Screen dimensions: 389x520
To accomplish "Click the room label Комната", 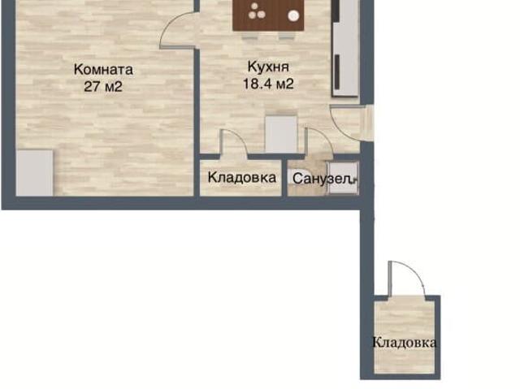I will (x=102, y=69).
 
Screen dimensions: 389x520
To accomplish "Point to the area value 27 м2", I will (x=102, y=86).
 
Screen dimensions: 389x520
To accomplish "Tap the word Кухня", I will (x=267, y=67).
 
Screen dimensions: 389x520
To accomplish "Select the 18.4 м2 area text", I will (x=267, y=82).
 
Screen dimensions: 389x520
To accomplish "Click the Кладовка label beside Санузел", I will (x=241, y=177).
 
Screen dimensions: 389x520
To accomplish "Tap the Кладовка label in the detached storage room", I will (x=404, y=342).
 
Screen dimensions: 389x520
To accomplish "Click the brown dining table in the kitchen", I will (x=268, y=15).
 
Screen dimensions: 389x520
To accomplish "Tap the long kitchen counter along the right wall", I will (x=344, y=50).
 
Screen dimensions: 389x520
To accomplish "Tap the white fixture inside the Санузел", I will (x=353, y=180).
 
